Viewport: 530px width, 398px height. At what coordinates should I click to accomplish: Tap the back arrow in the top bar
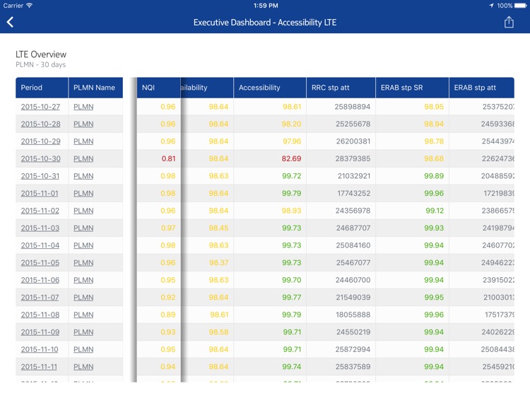point(11,23)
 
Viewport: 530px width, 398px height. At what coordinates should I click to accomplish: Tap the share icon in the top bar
point(509,23)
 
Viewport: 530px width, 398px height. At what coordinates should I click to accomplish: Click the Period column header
point(32,88)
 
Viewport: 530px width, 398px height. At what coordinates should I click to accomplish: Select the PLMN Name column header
point(94,88)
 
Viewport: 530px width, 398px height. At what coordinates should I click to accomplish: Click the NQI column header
point(148,88)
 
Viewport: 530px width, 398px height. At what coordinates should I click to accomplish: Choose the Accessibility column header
point(259,88)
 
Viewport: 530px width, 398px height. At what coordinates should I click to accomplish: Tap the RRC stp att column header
point(330,88)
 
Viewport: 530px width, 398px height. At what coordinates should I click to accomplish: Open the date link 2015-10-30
point(40,159)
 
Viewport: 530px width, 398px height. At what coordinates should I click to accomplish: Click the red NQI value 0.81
point(168,159)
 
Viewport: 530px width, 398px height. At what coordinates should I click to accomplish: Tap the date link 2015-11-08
point(40,315)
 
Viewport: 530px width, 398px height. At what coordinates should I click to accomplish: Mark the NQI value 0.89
point(168,315)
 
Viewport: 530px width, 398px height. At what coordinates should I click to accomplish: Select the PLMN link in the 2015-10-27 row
point(83,107)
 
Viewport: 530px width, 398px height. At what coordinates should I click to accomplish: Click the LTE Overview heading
point(41,54)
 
